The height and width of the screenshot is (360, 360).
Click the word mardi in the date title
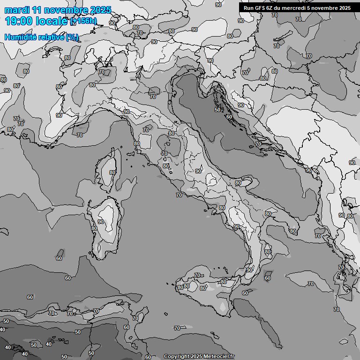click(x=15, y=10)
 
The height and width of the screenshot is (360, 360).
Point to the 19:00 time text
click(x=18, y=21)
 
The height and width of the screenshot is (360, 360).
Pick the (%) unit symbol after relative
click(x=72, y=37)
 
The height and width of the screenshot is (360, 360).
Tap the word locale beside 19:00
click(x=52, y=21)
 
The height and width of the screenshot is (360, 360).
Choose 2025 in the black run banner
click(x=343, y=7)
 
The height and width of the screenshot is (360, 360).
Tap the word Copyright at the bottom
click(x=176, y=356)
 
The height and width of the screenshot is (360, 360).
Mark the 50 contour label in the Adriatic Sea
click(x=217, y=110)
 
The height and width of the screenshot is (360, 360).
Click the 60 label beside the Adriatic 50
click(x=229, y=117)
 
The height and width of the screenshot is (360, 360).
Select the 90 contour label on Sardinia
click(x=101, y=222)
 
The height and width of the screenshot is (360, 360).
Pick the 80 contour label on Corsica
click(x=112, y=172)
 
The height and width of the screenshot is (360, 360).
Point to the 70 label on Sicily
click(x=197, y=275)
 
